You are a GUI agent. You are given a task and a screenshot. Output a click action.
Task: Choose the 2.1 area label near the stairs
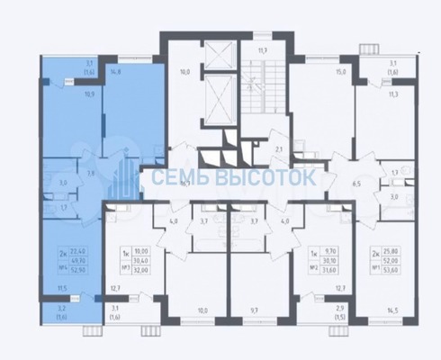point(280,148)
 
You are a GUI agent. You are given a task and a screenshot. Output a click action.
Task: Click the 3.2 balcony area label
point(61,309)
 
